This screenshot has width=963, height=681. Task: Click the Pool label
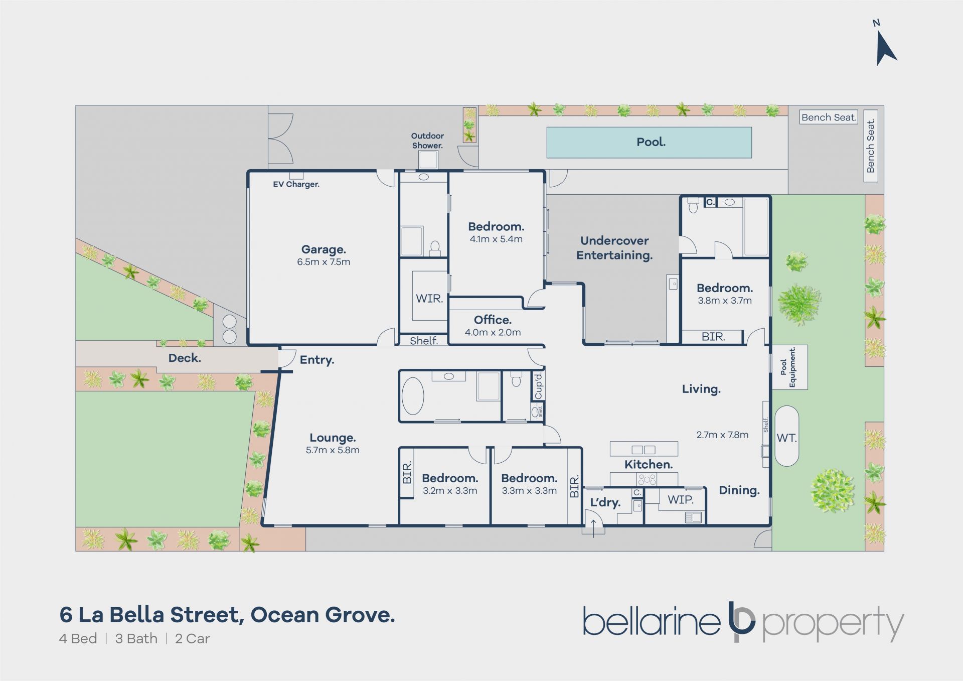(x=651, y=142)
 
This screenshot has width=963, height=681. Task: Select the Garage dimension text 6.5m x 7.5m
(x=324, y=262)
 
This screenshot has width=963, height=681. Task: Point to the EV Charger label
(x=296, y=184)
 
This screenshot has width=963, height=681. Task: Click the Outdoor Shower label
(x=427, y=141)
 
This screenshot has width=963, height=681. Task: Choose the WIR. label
(x=429, y=299)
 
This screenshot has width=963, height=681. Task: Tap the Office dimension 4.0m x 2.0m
(x=493, y=332)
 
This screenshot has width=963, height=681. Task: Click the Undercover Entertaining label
(x=614, y=248)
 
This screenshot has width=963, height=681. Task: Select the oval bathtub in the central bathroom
(x=413, y=396)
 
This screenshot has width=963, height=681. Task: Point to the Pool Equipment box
(x=789, y=367)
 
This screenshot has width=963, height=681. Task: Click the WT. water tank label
(x=786, y=438)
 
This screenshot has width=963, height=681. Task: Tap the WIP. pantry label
(x=681, y=500)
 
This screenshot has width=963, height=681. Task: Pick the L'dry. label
(x=605, y=502)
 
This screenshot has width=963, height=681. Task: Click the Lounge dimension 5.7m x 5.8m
(x=333, y=450)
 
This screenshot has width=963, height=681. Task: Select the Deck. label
(x=185, y=358)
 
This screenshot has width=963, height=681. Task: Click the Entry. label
(x=317, y=360)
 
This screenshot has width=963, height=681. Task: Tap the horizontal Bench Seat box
(x=829, y=117)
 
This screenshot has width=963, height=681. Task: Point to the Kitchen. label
(x=649, y=465)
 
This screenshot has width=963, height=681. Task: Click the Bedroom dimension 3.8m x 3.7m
(x=725, y=301)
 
